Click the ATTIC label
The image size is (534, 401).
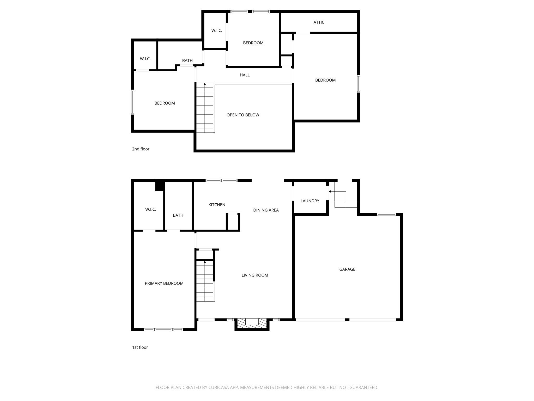coord(319,22)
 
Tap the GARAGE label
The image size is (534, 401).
coord(347,269)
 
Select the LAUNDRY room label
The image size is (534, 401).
coord(310,201)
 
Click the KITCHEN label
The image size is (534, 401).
coord(217,205)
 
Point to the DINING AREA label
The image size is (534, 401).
coord(266,210)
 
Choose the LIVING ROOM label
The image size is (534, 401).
coord(254,275)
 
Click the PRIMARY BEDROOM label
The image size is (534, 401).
coord(164,283)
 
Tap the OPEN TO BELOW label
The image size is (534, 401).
coord(243,115)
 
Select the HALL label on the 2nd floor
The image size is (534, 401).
coord(245,75)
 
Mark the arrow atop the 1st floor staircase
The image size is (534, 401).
coord(205,262)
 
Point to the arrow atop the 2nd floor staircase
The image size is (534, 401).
coord(205,84)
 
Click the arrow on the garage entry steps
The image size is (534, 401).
coord(330,191)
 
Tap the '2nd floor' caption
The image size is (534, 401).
coord(141,149)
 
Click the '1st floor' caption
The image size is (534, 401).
coord(140,347)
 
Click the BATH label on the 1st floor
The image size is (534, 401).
coord(178,215)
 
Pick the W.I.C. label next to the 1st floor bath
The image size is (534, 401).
coord(150,209)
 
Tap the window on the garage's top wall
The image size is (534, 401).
coord(386,214)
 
